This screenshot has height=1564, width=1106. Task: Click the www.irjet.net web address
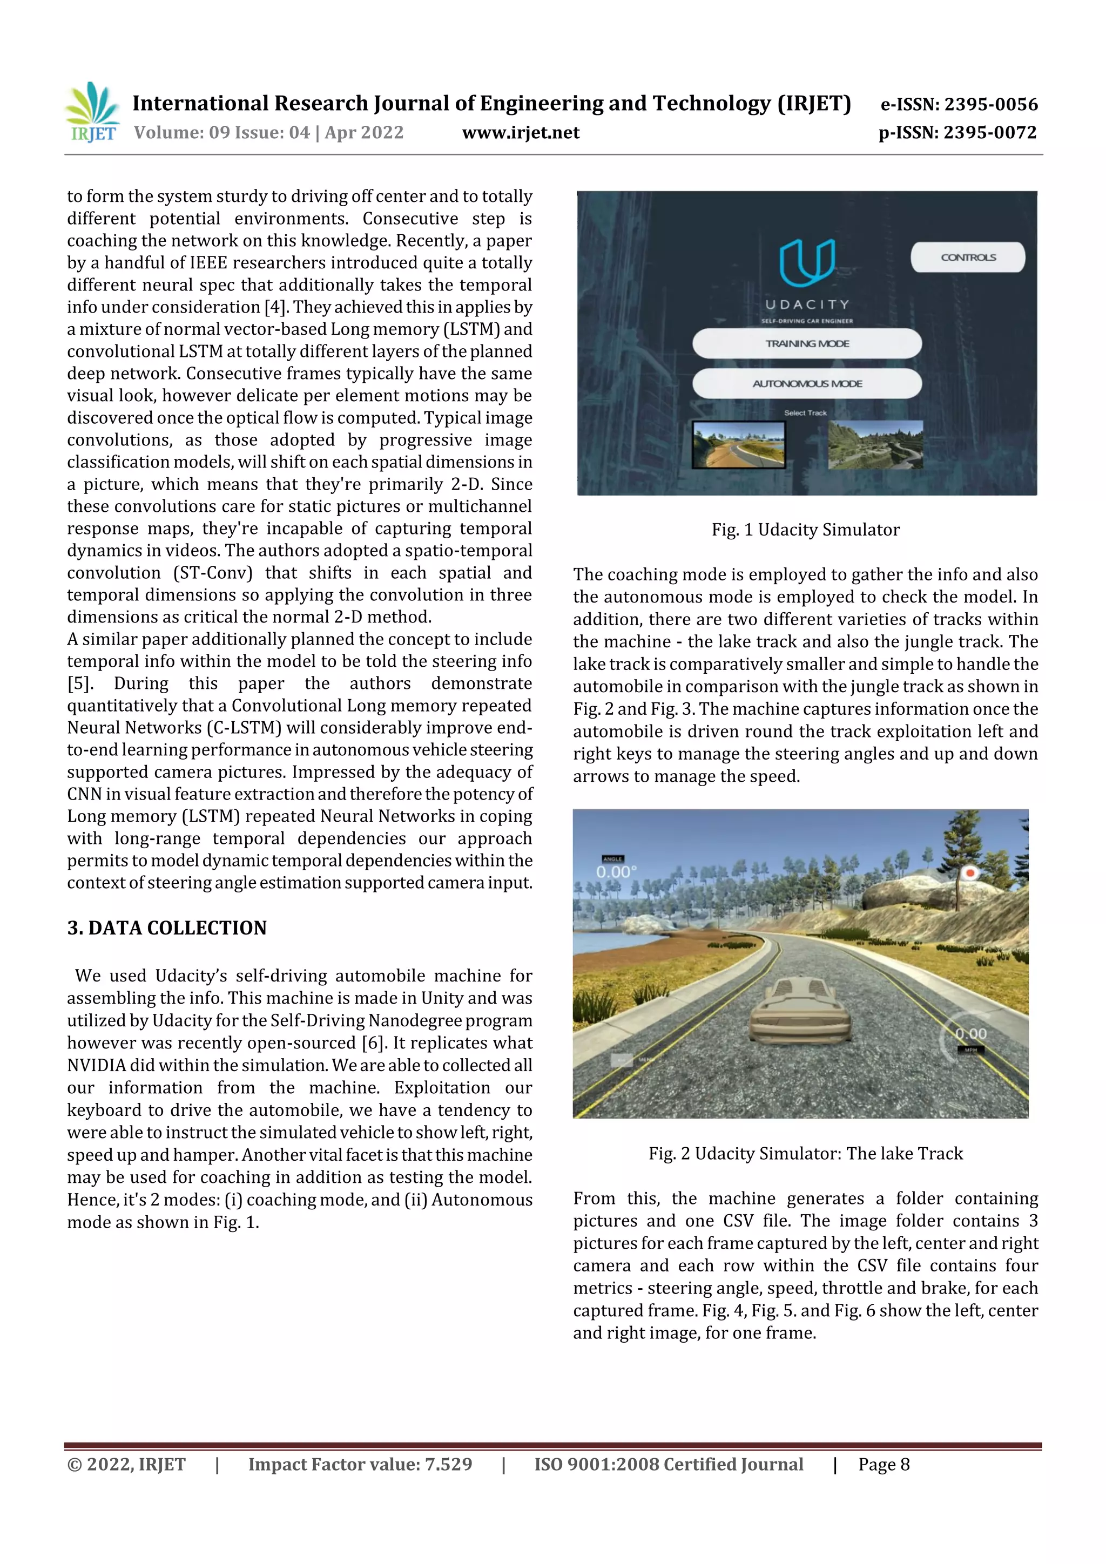click(521, 133)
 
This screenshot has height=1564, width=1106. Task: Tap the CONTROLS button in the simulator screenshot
click(967, 258)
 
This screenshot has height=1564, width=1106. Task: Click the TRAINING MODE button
click(807, 343)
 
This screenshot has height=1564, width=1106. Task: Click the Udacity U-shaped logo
click(807, 262)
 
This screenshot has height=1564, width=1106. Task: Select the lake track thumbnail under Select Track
click(738, 445)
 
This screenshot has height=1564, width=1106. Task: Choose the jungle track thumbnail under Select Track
click(875, 445)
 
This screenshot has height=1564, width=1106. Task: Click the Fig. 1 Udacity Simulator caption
click(806, 530)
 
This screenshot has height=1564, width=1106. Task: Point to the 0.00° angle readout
click(616, 872)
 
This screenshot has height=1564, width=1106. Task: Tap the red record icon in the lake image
click(969, 872)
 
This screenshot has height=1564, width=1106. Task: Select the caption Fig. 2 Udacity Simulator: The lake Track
click(806, 1154)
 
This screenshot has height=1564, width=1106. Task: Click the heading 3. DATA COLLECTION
click(167, 928)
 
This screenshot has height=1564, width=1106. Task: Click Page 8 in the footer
click(884, 1465)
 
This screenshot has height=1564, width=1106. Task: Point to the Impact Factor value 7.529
click(360, 1465)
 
